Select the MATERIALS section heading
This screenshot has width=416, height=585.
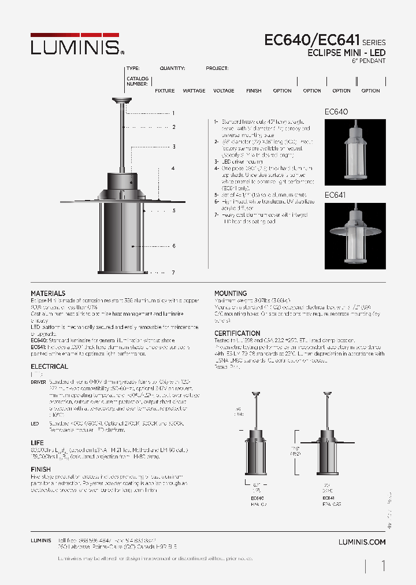coord(48,294)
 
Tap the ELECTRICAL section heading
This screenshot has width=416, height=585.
coord(49,366)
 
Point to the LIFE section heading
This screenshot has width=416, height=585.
coord(37,442)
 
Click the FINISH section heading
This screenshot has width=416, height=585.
coord(40,470)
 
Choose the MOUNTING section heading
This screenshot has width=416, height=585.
coord(231,294)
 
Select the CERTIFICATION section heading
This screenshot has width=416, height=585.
coord(237,334)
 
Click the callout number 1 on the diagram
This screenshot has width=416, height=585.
coord(173,113)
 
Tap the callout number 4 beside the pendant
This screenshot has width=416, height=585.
coord(173,168)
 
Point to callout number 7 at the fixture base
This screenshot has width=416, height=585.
coord(173,272)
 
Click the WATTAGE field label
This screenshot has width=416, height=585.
coord(194,91)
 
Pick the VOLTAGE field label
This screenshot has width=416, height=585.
coord(224,91)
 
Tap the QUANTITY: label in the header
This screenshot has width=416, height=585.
coord(172,68)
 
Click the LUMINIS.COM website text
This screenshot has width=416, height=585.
coord(362,542)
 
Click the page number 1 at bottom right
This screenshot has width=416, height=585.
coord(383,566)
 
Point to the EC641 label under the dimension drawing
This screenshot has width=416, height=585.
coord(328,497)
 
